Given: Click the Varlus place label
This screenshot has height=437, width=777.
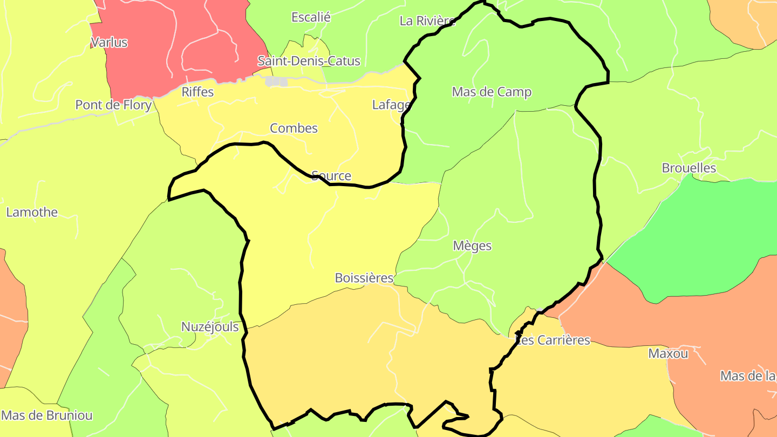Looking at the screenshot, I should point(110,42).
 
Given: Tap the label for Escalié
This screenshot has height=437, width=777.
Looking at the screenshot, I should point(311,17).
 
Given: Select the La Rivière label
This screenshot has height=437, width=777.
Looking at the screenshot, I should point(427,21).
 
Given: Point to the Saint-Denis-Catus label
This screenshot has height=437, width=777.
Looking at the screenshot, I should point(309,61).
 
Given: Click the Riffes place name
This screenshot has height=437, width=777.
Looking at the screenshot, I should point(197,92).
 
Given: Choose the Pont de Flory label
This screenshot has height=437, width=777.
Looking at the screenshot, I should point(113,105).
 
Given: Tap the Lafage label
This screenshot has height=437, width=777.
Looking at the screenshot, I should point(391,105).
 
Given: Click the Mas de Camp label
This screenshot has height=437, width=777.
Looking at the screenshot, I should point(492,92).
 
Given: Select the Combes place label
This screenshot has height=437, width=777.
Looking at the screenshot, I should point(294,128).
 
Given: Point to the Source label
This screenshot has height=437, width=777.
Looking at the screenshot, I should point(331,175).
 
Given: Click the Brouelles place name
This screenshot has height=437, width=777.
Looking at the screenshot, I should point(689,168).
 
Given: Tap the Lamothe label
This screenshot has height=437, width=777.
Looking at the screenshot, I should point(32,212).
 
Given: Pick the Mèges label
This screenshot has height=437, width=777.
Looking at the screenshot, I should point(472,245).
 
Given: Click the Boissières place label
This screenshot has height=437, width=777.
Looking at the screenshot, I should point(364,278).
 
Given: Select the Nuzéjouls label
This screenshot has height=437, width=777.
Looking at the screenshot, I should point(210,326).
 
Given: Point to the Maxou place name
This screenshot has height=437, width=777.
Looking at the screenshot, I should point(668,353).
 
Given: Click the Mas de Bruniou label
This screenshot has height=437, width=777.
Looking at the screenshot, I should point(47,415).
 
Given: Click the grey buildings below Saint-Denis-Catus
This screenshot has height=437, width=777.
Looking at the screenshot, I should point(276,81).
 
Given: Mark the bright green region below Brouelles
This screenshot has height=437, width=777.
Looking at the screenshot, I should point(696,237).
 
